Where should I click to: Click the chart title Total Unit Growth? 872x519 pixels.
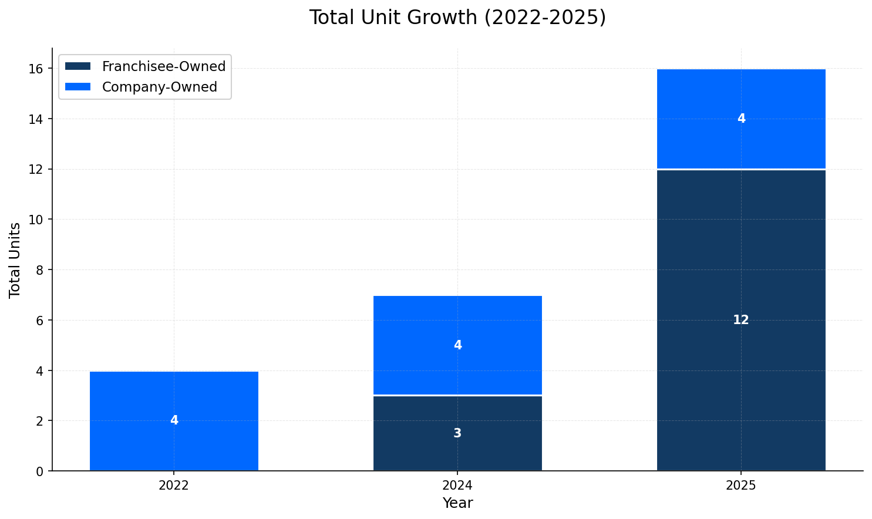tap(457, 18)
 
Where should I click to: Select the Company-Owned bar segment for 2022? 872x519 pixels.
tap(174, 399)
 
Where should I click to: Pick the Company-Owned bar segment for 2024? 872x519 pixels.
tap(457, 329)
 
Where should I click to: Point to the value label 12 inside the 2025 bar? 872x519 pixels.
tap(741, 320)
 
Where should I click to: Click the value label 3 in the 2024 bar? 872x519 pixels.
tap(457, 433)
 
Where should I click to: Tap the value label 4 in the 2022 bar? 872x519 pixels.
tap(174, 420)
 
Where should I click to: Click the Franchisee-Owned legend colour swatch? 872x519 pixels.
tap(78, 66)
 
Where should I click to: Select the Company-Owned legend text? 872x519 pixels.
tap(160, 87)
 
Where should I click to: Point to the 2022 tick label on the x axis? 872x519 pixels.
tap(174, 486)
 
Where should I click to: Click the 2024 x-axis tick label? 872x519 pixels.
tap(457, 486)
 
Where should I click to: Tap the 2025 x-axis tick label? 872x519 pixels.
tap(741, 486)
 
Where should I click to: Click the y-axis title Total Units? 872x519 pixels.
tap(15, 259)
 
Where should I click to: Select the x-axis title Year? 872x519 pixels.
tap(457, 503)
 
